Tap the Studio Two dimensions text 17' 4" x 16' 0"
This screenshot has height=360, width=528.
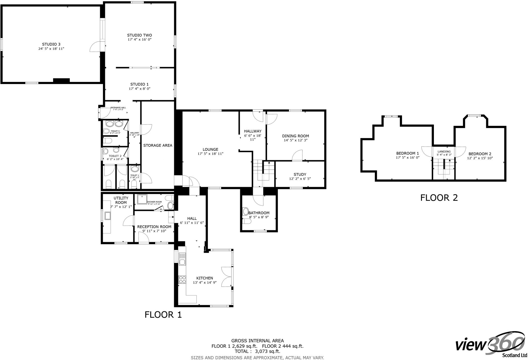(139, 40)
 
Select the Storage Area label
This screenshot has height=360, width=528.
(158, 145)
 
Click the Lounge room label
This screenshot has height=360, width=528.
(210, 149)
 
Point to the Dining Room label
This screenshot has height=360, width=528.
(295, 136)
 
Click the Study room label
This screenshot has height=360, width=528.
(300, 174)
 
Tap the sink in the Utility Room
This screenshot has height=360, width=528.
(108, 216)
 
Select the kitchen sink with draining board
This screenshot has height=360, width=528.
(182, 259)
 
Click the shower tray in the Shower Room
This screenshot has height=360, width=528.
(142, 199)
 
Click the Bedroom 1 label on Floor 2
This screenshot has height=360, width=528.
(408, 153)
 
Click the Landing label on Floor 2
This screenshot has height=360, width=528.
(444, 152)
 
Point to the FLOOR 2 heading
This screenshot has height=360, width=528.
(439, 198)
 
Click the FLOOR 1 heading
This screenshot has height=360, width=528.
(163, 315)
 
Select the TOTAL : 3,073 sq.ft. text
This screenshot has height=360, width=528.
(257, 351)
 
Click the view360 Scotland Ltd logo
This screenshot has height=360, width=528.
(491, 347)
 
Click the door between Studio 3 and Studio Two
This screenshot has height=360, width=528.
(95, 47)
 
